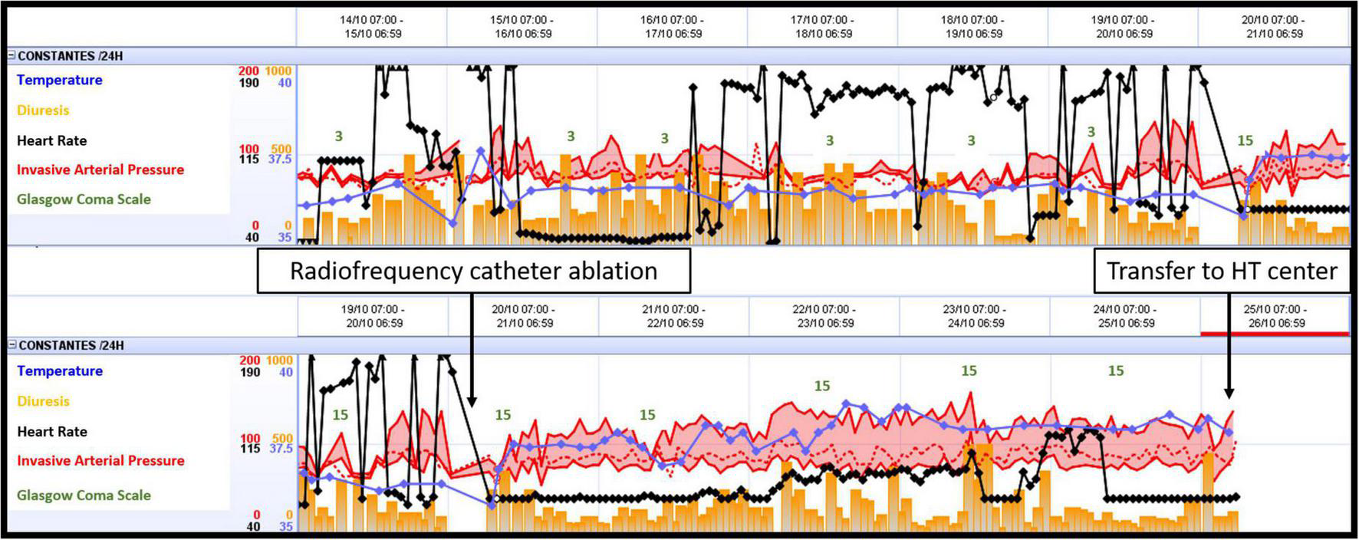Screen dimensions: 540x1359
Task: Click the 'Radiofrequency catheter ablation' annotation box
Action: click(473, 271)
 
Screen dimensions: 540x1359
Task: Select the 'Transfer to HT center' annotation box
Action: click(1221, 271)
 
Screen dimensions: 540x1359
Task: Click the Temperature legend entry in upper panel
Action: click(59, 80)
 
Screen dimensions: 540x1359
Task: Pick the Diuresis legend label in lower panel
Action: click(43, 401)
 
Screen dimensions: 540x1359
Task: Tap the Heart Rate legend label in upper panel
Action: click(51, 140)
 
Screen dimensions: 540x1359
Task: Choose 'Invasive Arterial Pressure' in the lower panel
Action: click(100, 460)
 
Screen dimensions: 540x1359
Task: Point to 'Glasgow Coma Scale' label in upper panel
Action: click(84, 199)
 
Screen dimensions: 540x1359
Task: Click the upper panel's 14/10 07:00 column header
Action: click(371, 27)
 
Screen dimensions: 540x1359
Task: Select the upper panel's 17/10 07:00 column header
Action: click(822, 27)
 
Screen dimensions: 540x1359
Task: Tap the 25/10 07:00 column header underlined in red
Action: click(1275, 316)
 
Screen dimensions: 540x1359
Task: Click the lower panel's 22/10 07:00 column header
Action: click(825, 316)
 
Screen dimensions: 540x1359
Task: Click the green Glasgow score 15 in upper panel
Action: click(1245, 140)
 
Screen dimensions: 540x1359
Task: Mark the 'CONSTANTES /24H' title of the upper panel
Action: click(70, 56)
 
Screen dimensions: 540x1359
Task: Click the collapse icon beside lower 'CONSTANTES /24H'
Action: click(12, 345)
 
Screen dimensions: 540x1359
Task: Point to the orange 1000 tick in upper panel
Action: click(278, 71)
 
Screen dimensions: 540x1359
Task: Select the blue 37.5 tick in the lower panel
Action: click(281, 448)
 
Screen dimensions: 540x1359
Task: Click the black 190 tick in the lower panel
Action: click(249, 372)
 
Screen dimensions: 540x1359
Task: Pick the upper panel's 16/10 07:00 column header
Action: click(672, 27)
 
